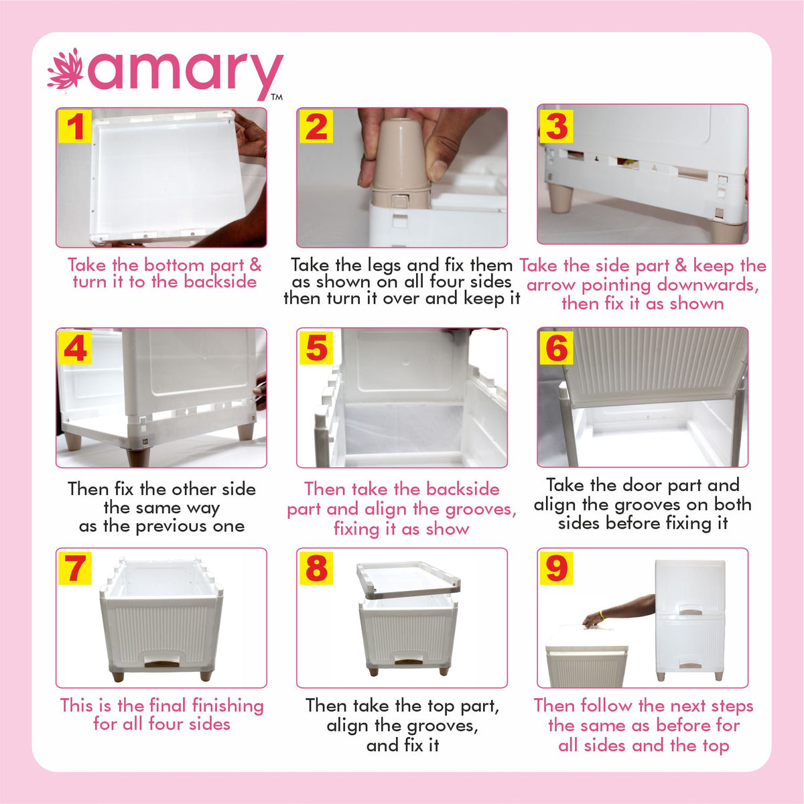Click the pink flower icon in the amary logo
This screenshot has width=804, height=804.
tap(65, 70)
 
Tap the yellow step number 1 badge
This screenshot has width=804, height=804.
tap(75, 127)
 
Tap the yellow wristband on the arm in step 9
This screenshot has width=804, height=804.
tap(602, 614)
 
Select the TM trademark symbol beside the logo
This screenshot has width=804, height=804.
tap(277, 97)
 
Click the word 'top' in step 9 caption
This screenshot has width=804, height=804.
tap(715, 746)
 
